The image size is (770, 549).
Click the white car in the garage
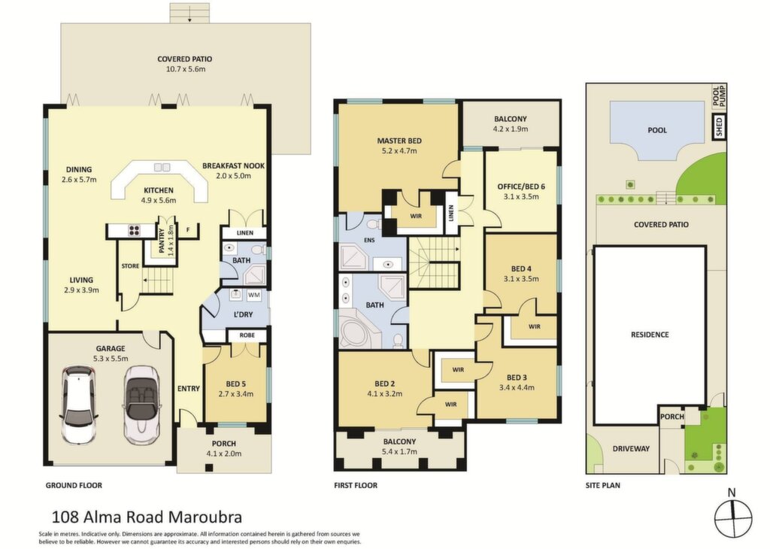78,404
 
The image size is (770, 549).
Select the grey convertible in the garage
142,405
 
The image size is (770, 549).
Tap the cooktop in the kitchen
135,230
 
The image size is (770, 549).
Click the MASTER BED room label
399,141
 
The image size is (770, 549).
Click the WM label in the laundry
254,295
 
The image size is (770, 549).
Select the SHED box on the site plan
720,126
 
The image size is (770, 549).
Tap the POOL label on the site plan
657,130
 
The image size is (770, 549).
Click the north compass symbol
733,518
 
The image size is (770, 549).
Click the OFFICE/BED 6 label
521,187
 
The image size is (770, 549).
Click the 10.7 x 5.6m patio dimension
185,69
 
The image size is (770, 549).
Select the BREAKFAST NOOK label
233,166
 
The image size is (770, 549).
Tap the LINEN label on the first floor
451,213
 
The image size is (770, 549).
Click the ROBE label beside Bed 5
247,336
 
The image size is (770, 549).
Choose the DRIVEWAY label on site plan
631,448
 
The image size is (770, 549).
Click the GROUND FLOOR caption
74,485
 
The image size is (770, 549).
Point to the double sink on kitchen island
162,167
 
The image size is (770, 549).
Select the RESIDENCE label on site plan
650,335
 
